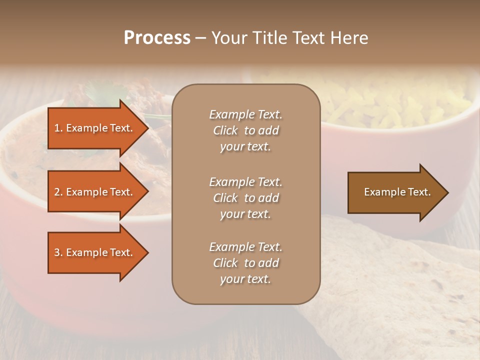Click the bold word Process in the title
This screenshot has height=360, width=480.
[x=157, y=38]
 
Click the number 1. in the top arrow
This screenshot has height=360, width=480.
[x=58, y=128]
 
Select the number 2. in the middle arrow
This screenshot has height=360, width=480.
[x=58, y=192]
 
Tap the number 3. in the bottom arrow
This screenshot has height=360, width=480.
[x=58, y=252]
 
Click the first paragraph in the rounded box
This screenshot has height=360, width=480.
[x=245, y=130]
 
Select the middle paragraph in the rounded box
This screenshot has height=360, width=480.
[x=245, y=198]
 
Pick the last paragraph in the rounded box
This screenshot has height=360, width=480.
[x=245, y=263]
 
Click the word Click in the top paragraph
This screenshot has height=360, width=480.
[x=225, y=130]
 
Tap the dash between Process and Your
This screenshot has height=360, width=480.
[x=200, y=38]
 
